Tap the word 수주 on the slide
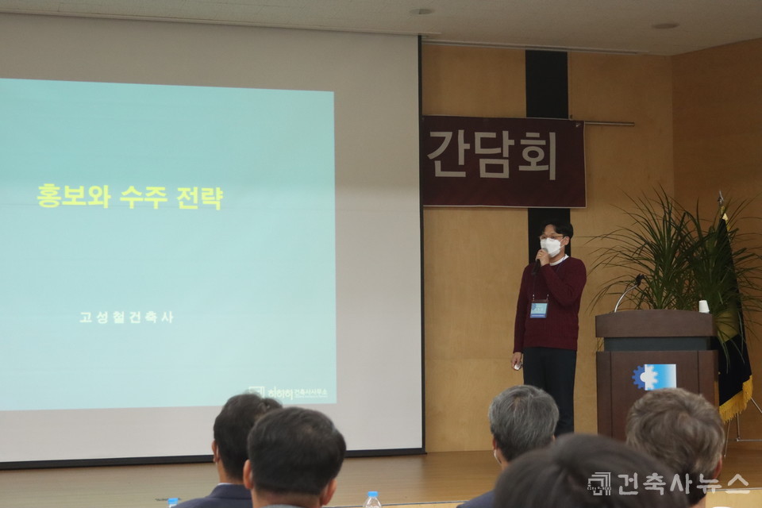[143, 196]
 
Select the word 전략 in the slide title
[199, 196]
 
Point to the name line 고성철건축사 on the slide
[125, 317]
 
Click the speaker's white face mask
[551, 247]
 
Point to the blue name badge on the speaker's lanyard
[539, 309]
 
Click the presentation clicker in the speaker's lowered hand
[518, 365]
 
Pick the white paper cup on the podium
[703, 306]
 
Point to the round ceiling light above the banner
[422, 11]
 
